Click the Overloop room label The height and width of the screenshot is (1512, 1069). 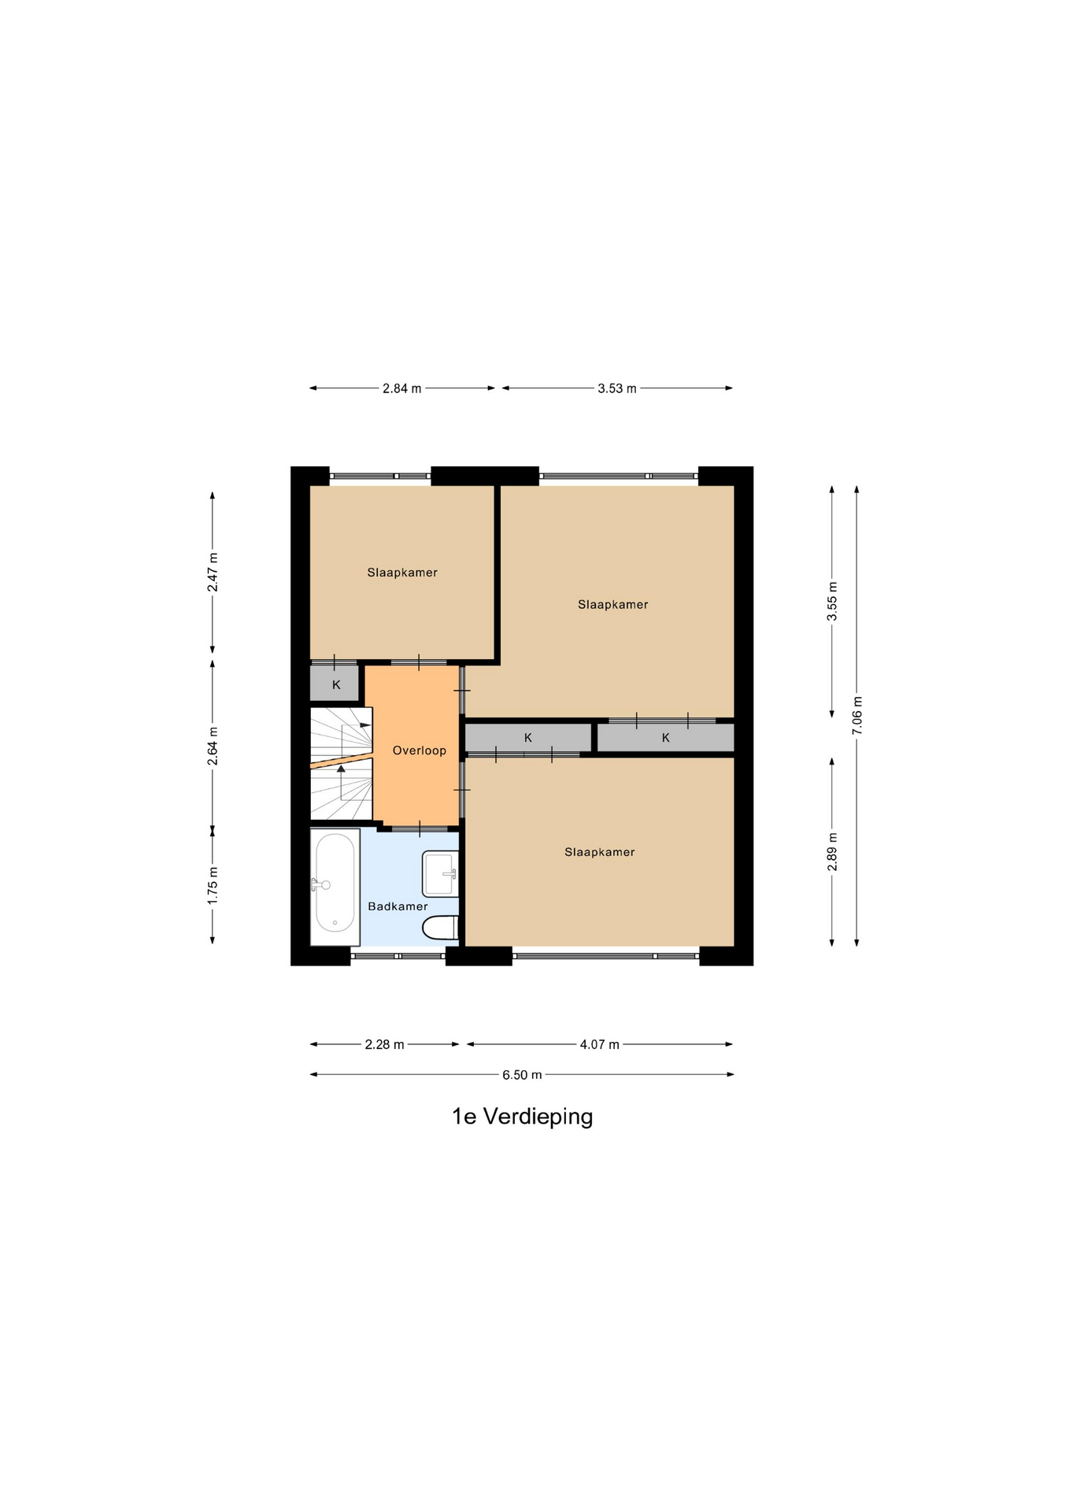(420, 750)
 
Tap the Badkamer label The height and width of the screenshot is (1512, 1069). (398, 906)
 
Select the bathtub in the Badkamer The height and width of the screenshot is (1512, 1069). (335, 887)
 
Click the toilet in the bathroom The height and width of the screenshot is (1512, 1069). (441, 928)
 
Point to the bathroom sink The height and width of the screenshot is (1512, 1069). (441, 873)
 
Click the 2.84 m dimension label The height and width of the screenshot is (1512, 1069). (402, 388)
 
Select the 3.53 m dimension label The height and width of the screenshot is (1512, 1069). (617, 388)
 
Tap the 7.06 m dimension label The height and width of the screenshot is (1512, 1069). (857, 716)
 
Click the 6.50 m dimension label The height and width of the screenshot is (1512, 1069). (522, 1075)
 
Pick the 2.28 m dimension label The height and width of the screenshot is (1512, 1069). (384, 1045)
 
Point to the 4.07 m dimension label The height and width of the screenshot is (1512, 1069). (600, 1045)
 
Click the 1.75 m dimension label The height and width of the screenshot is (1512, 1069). (213, 886)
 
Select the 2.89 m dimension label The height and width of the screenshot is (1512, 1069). (832, 852)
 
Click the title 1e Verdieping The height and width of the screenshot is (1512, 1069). (522, 1117)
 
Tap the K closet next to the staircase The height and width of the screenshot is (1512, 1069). (336, 684)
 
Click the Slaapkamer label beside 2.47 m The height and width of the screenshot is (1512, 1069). (402, 573)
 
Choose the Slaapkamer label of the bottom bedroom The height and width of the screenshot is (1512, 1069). (600, 852)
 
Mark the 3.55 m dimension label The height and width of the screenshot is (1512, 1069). (832, 601)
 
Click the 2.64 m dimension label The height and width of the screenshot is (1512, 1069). (213, 746)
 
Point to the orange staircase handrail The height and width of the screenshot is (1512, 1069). (342, 759)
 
